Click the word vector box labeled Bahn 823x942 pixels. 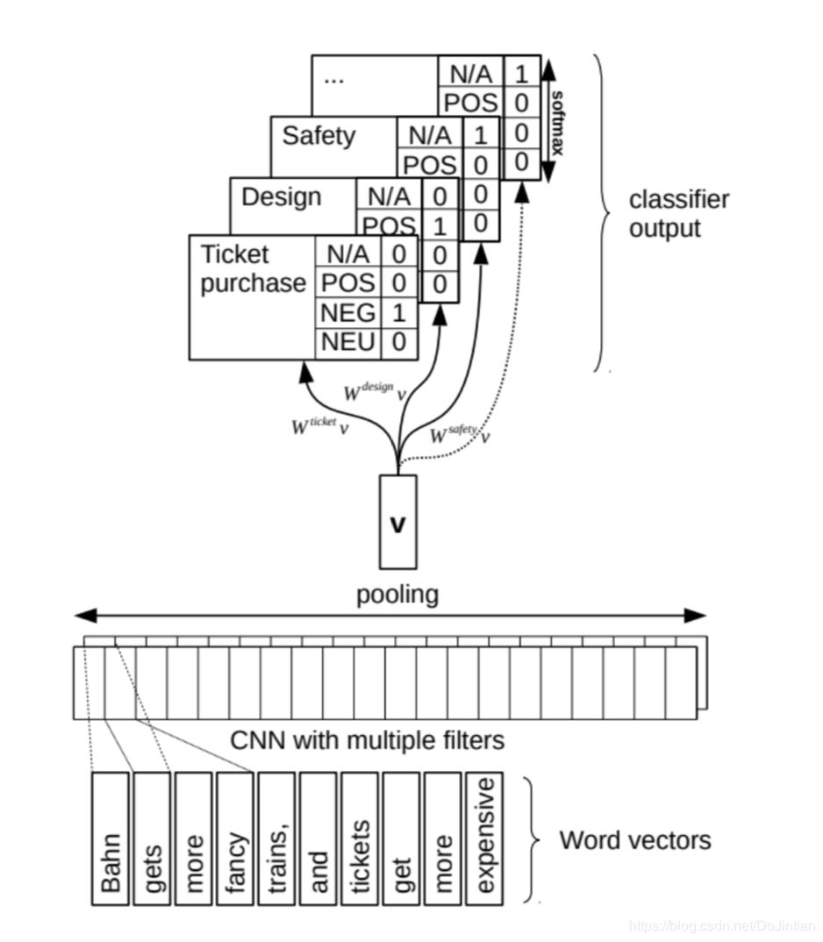(111, 838)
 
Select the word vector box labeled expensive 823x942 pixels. (485, 838)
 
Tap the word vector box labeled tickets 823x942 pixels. (361, 838)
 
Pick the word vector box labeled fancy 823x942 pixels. (236, 838)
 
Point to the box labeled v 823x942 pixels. (397, 522)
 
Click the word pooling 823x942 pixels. (397, 595)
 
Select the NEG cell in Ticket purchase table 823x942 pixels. (348, 312)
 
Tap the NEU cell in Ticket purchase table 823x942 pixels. (348, 342)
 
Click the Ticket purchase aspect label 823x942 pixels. (253, 269)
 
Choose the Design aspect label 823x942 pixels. (281, 196)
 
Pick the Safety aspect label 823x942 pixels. (318, 135)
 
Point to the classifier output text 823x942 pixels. (678, 214)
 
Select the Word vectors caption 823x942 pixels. (635, 840)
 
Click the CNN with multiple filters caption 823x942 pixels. (367, 740)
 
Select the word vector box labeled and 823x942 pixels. (318, 838)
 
